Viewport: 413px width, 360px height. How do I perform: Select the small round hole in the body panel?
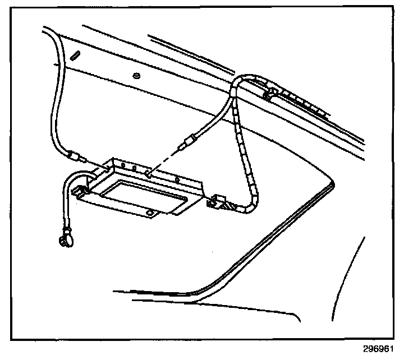coord(136,75)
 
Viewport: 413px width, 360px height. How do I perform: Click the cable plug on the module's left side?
coord(74,155)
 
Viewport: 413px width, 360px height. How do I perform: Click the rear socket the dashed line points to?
coord(147,174)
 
